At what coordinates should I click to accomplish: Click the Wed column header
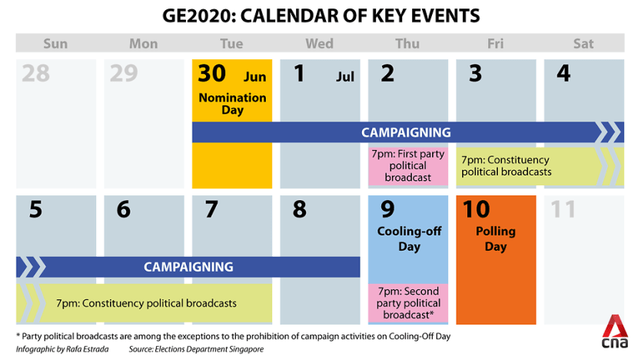click(320, 44)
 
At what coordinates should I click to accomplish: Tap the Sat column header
click(583, 44)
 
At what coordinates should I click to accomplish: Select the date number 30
click(211, 73)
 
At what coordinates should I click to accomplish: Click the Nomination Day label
click(232, 103)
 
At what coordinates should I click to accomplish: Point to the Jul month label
click(345, 77)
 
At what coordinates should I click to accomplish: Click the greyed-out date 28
click(36, 73)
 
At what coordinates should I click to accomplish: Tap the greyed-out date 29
click(124, 73)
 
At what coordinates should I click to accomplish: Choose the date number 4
click(563, 73)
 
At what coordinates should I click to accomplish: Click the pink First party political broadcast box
click(408, 166)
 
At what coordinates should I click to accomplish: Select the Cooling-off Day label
click(409, 238)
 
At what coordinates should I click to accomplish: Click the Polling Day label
click(496, 238)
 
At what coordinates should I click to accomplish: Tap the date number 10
click(476, 209)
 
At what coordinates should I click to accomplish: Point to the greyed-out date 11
click(563, 209)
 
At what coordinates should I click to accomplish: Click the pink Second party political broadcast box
click(408, 303)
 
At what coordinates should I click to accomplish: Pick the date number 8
click(300, 209)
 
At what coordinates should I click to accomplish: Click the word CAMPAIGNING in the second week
click(188, 267)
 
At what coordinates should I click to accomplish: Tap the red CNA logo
click(614, 332)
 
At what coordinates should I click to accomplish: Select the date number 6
click(124, 209)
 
